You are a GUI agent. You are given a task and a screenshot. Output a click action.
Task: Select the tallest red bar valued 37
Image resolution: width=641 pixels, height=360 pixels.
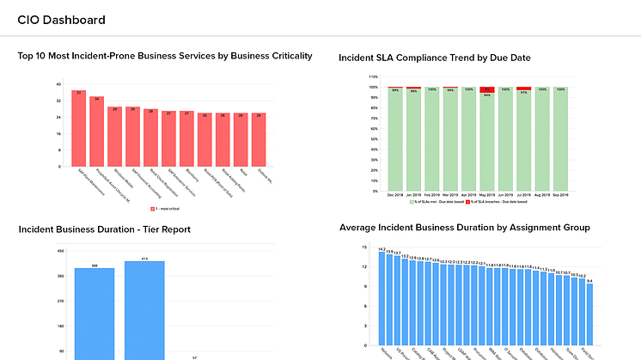(x=78, y=128)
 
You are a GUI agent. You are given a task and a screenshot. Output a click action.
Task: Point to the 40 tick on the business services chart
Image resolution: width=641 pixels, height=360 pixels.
(x=58, y=84)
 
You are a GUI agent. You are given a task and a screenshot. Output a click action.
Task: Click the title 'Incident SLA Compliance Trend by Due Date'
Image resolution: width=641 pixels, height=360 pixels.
(x=435, y=58)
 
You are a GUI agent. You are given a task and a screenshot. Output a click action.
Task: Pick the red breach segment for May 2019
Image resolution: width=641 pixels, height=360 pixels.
(x=486, y=89)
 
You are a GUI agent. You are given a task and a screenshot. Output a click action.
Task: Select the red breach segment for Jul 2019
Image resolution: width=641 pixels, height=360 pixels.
(x=523, y=88)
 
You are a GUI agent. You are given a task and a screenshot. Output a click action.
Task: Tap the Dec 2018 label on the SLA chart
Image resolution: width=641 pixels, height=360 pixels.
(x=394, y=195)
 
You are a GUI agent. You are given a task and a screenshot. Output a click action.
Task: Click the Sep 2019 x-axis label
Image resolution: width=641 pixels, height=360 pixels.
(x=560, y=195)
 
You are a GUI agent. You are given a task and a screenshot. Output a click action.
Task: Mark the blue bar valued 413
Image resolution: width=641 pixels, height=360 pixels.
(x=144, y=309)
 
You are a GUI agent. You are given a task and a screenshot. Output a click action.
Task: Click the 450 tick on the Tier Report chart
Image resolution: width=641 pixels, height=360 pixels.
(x=60, y=251)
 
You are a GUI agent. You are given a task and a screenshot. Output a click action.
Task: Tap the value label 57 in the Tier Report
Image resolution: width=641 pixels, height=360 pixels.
(x=195, y=357)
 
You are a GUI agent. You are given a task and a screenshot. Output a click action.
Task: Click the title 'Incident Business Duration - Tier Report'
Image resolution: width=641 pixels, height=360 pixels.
(x=104, y=229)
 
